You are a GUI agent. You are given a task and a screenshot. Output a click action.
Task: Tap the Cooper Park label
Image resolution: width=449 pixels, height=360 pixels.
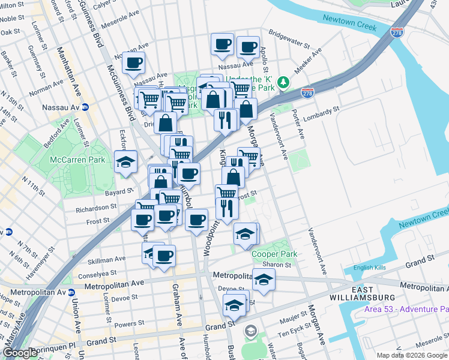tap(274, 254)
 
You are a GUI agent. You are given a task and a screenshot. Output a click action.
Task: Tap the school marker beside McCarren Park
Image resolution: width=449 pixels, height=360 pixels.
tap(126, 162)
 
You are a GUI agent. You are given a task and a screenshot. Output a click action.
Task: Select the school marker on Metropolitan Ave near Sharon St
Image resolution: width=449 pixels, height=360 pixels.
tap(263, 280)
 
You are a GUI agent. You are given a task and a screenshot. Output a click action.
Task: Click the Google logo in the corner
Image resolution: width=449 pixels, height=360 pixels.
tap(20, 353)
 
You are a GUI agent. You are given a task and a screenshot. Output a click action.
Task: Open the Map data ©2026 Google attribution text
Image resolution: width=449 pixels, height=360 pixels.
tap(412, 355)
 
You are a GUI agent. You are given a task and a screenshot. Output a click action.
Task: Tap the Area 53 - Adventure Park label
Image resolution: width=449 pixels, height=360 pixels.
tap(406, 310)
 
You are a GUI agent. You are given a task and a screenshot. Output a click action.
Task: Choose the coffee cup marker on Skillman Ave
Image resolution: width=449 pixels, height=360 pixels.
tap(164, 256)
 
